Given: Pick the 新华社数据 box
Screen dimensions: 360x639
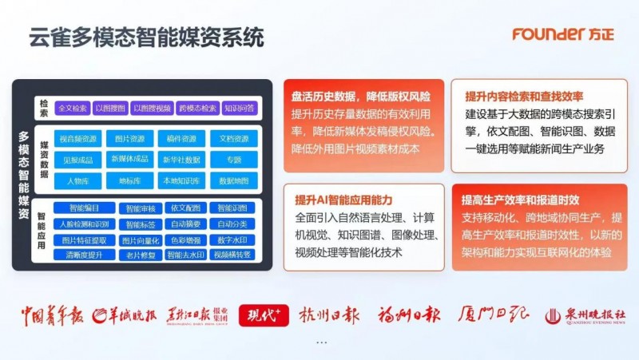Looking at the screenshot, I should click(182, 160).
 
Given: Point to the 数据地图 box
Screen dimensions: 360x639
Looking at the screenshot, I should click(234, 180).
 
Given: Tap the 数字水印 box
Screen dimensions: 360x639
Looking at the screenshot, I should click(232, 239).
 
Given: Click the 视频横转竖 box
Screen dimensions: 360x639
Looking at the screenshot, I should click(232, 255).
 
